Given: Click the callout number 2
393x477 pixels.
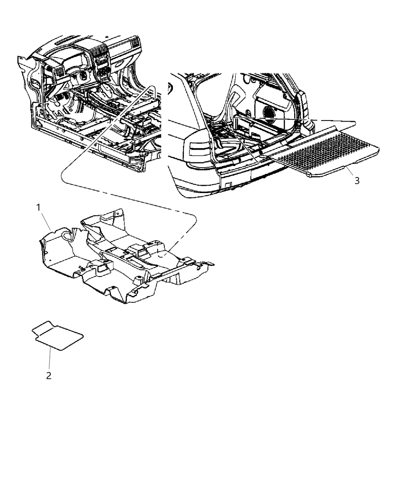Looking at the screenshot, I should pyautogui.click(x=49, y=376).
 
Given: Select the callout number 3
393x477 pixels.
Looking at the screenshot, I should pyautogui.click(x=357, y=181).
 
